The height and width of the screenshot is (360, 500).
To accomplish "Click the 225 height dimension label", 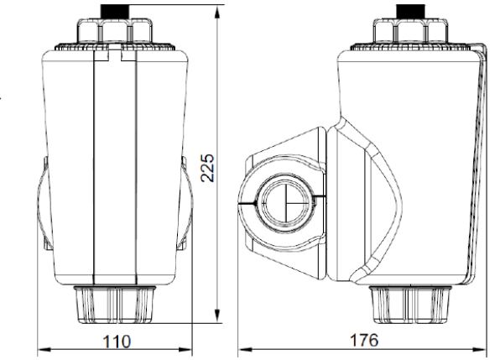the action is pyautogui.click(x=207, y=168).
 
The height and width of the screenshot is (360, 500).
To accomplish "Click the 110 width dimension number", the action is pyautogui.click(x=117, y=342).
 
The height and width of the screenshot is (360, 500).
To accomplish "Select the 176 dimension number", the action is pyautogui.click(x=364, y=340).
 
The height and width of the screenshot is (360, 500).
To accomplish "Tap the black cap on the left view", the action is pyautogui.click(x=115, y=12).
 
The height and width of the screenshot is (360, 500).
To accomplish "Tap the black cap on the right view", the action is pyautogui.click(x=411, y=12).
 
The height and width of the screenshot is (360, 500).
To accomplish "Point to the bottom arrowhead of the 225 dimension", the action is pyautogui.click(x=217, y=316).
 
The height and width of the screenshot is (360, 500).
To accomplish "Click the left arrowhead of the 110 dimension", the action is pyautogui.click(x=44, y=349).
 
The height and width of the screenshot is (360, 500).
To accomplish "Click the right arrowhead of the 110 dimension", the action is pyautogui.click(x=185, y=349).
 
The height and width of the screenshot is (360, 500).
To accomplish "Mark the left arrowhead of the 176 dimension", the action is pyautogui.click(x=245, y=349).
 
